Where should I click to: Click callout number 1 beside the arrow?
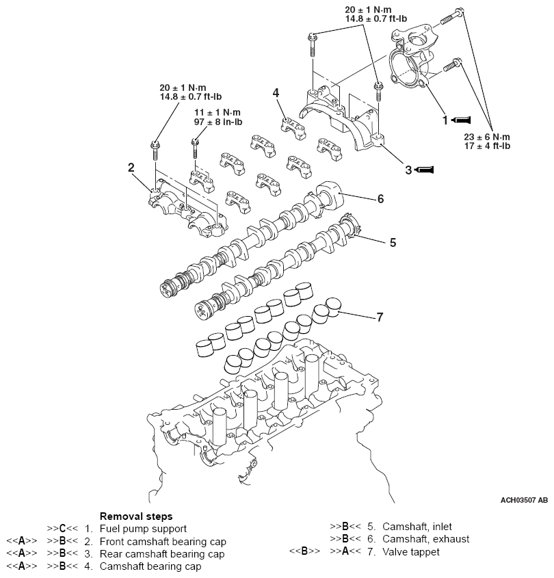click(445, 120)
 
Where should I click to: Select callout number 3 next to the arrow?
click(408, 169)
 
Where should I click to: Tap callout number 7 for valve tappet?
click(380, 317)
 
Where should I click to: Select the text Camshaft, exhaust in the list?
click(426, 539)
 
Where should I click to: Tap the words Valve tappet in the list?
click(411, 551)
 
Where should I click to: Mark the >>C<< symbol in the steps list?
click(61, 529)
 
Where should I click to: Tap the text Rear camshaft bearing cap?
click(162, 553)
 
